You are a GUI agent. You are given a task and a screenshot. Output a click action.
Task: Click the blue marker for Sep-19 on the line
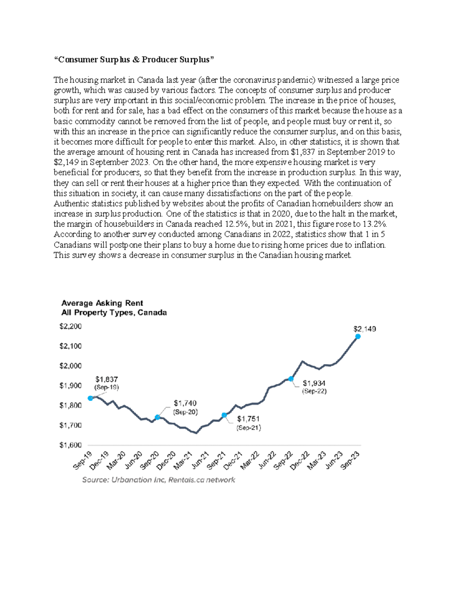point(90,398)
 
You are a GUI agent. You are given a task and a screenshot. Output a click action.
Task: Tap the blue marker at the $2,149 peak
point(358,336)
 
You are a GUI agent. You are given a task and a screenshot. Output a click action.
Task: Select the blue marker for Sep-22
point(291,379)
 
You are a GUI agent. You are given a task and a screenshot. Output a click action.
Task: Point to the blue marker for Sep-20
point(158,417)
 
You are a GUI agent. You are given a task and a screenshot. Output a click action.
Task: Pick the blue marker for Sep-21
point(224,415)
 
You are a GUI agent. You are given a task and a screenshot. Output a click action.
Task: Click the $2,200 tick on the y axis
point(70,326)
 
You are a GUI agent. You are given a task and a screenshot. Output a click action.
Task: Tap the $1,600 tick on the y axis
point(70,445)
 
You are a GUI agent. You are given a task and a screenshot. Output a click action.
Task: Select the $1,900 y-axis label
point(70,386)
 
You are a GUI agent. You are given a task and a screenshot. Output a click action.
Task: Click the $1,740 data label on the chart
point(185,403)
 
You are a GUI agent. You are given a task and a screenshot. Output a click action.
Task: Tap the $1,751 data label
point(248,419)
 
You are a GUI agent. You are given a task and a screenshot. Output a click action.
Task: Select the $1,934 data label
point(314,383)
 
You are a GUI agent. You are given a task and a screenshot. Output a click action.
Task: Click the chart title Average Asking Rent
point(102,303)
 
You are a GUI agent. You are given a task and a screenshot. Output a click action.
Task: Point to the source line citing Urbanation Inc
point(159,480)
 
